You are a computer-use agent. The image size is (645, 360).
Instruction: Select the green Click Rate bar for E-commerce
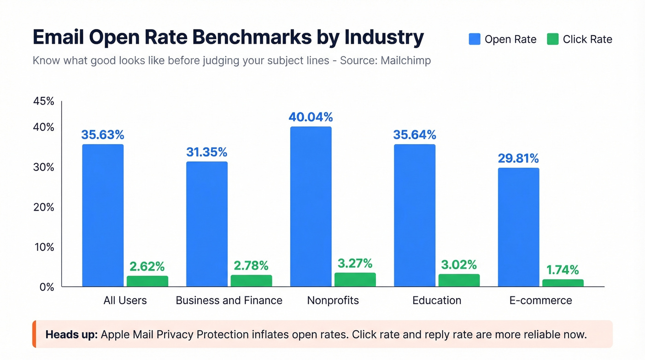coord(563,283)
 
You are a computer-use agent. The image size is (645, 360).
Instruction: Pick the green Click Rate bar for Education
coord(459,280)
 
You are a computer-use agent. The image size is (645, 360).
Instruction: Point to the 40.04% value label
coord(311,117)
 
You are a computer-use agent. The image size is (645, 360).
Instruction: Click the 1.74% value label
coord(563,270)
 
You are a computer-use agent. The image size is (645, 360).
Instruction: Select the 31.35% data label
coord(206,152)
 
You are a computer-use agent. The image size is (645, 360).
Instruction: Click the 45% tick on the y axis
coord(44,101)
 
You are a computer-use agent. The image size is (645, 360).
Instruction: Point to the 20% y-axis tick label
coord(44,207)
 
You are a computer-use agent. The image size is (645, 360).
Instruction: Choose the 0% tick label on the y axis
coord(47,287)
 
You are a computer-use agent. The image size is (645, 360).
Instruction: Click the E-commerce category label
coord(540,301)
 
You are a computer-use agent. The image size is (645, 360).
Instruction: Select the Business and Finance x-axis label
coord(229,301)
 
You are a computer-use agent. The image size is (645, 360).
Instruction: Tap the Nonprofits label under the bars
coord(333,301)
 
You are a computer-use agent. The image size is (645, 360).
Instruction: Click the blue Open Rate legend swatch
coord(475,39)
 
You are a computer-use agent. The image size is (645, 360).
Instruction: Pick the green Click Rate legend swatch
coord(552,39)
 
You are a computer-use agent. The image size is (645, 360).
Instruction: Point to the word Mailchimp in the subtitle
coord(405,60)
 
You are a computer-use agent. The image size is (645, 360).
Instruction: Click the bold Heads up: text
coord(71,334)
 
